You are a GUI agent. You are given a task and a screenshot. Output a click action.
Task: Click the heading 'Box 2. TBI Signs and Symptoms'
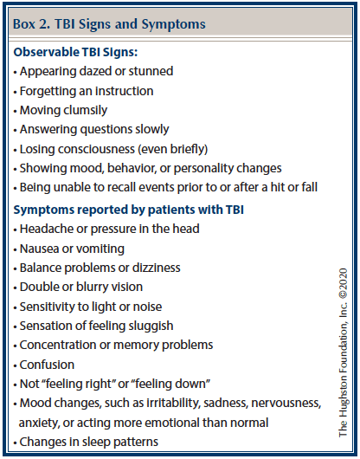point(109,24)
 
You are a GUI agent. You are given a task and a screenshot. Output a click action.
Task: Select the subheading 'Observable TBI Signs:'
point(75,53)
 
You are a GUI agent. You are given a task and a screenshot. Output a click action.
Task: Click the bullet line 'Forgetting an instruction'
point(87,91)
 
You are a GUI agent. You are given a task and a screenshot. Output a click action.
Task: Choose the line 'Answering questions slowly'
point(94,129)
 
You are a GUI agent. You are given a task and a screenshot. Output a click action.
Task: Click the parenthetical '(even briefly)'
point(172,149)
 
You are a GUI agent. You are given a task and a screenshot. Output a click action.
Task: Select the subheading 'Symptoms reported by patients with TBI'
point(129,210)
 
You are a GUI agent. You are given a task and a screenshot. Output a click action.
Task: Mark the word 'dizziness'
point(157,268)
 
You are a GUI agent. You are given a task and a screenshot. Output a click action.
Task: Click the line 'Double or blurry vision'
point(81,287)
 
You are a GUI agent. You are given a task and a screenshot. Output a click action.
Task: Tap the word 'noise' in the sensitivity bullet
point(147,307)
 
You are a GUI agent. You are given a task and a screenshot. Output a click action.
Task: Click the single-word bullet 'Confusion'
point(47,365)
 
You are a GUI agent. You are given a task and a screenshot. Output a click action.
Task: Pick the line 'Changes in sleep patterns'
point(88,442)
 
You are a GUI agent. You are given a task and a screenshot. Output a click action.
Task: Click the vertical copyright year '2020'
point(343,280)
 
